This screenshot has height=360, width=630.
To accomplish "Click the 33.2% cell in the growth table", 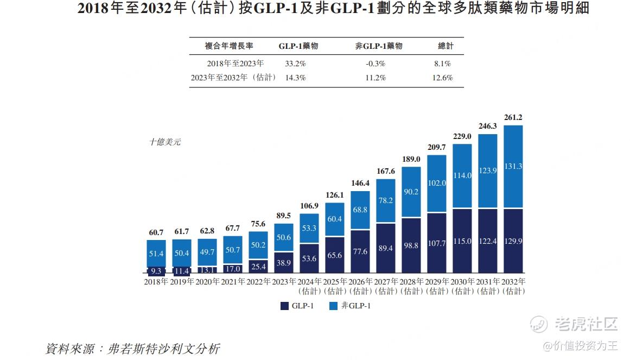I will pos(295,64).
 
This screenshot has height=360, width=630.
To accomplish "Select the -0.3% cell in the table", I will pos(376,64).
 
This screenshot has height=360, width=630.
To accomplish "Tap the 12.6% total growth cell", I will pos(442,78).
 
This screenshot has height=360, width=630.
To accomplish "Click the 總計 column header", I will pos(446,46).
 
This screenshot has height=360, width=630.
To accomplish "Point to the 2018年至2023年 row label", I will pos(236,64).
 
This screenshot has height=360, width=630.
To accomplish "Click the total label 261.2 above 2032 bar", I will pos(513,117).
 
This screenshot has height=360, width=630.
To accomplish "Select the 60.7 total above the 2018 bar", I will pos(156,232).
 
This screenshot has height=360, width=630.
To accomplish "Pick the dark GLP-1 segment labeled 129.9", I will pos(513,240).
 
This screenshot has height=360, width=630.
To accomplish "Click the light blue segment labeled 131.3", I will pos(513,167).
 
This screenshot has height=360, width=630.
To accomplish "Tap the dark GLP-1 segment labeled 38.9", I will pos(284,262).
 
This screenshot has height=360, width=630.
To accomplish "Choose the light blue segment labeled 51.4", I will pos(156,253).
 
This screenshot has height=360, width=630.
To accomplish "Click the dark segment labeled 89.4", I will pos(386,248).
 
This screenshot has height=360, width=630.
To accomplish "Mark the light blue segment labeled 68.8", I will pos(360,210).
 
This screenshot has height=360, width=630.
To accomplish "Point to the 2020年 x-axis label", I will pos(207,282).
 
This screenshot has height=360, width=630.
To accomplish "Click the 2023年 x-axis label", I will pos(284,282).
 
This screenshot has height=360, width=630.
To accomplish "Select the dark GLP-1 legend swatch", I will pos(284,306).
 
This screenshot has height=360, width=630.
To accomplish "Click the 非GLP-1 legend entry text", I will pos(356,306).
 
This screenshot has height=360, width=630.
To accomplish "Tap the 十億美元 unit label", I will pos(165,142).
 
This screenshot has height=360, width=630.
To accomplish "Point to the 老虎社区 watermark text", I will pos(587,325).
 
